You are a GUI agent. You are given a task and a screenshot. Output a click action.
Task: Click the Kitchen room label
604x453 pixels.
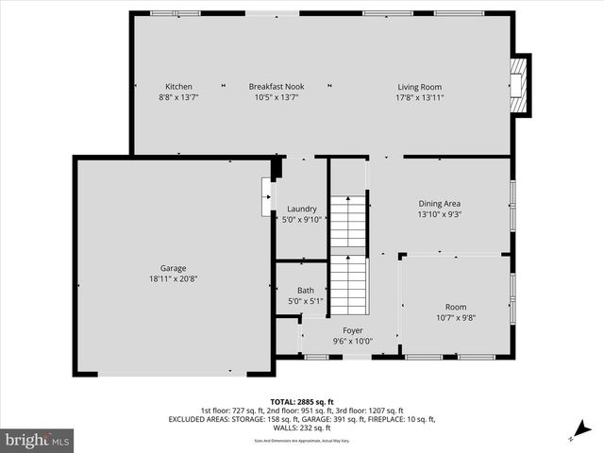[178, 87]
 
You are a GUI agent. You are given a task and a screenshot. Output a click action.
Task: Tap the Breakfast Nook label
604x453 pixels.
[276, 87]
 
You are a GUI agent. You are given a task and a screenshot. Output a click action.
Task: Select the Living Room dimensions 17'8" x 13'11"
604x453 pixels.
[419, 97]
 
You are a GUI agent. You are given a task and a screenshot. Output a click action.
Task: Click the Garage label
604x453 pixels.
[173, 268]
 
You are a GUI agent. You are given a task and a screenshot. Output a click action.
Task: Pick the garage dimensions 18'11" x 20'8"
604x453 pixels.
[173, 278]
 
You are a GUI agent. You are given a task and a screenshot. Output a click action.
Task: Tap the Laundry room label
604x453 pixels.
[302, 209]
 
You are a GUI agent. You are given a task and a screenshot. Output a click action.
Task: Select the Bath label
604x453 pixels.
[306, 291]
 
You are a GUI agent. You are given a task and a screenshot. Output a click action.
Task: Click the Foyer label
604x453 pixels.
[353, 330]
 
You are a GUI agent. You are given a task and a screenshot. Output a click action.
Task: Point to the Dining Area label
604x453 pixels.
[440, 203]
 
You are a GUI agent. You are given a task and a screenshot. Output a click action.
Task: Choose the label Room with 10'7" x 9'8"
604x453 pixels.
[456, 308]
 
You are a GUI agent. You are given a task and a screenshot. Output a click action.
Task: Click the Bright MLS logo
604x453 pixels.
[38, 440]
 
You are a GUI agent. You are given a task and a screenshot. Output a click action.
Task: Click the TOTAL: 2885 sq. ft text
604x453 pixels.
[301, 401]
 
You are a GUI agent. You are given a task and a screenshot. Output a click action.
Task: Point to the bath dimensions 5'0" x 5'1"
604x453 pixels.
[306, 301]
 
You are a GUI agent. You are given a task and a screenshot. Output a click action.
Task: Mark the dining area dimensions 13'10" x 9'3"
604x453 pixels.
[440, 213]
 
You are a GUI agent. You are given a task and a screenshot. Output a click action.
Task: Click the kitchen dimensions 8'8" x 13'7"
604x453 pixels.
[178, 97]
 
